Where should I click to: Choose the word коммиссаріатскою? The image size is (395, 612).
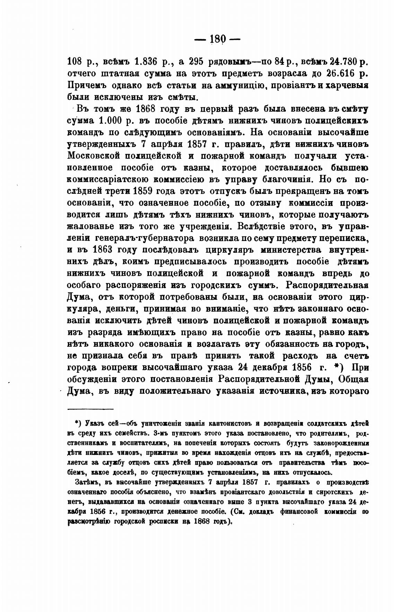point(107,179)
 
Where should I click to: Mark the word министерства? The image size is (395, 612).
point(286,250)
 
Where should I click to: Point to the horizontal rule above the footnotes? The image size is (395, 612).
point(90,410)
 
